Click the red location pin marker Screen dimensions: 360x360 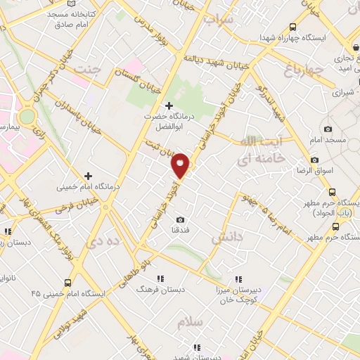[x=181, y=165]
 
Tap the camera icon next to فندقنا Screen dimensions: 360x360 [x=181, y=219]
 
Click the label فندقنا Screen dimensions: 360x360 [x=181, y=230]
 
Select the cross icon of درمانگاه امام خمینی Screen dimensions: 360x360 [x=88, y=176]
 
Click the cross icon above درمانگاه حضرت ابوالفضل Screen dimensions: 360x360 [x=169, y=105]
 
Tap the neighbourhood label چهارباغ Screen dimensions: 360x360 [x=304, y=70]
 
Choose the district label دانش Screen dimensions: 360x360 [x=226, y=238]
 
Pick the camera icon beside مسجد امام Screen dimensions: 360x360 [x=328, y=129]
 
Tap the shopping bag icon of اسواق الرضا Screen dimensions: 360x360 [x=314, y=160]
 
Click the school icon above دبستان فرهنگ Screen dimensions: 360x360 [x=160, y=278]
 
